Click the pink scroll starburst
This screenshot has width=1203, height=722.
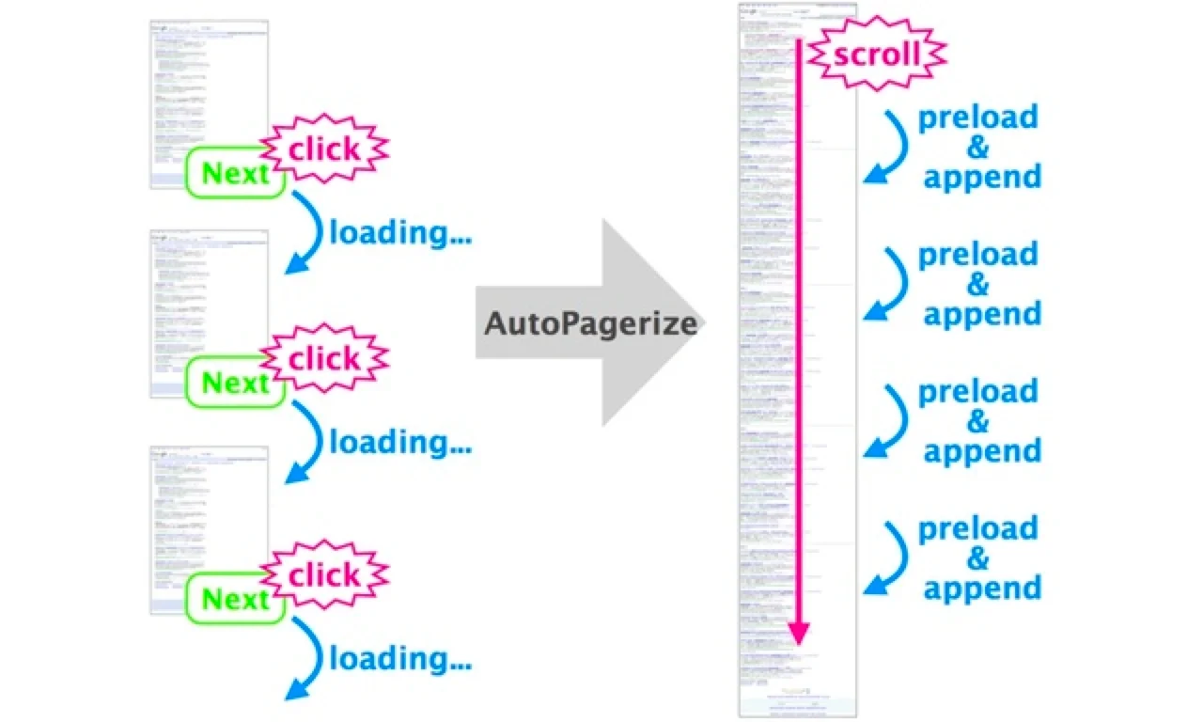pyautogui.click(x=877, y=54)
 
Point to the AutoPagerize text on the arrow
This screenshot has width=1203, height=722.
pyautogui.click(x=590, y=324)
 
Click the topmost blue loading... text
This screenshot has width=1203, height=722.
pyautogui.click(x=400, y=232)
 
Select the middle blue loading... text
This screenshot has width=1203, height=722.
pyautogui.click(x=400, y=441)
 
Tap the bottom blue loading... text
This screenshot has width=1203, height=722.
pyautogui.click(x=400, y=659)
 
